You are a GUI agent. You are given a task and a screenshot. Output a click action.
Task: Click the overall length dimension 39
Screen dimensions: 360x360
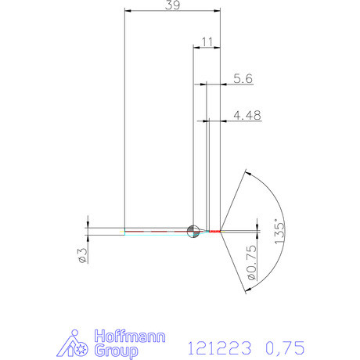pyautogui.click(x=172, y=5)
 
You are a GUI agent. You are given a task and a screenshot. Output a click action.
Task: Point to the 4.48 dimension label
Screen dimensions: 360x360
pyautogui.click(x=247, y=114)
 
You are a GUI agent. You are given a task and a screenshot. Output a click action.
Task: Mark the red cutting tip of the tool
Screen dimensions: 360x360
pyautogui.click(x=215, y=231)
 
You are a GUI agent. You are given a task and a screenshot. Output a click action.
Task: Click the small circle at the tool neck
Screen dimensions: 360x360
pyautogui.click(x=193, y=230)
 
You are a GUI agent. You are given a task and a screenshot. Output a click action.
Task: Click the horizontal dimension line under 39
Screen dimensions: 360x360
pyautogui.click(x=172, y=12)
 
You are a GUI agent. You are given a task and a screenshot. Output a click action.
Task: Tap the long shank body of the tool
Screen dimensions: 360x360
pyautogui.click(x=157, y=231)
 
